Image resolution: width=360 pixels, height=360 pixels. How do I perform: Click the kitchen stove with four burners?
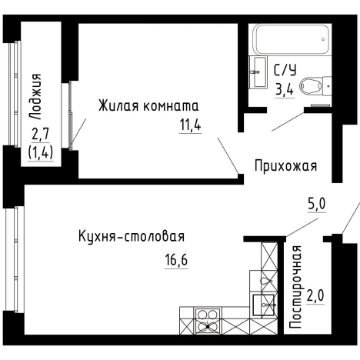208,319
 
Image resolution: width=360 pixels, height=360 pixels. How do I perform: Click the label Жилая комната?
148,105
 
